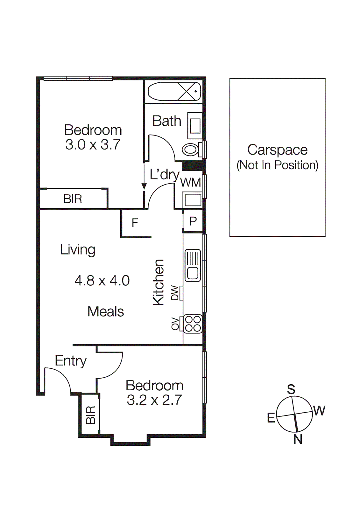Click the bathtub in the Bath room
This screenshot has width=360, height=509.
(174, 91)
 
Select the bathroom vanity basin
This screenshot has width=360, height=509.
(195, 126)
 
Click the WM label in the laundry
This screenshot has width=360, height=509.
(190, 183)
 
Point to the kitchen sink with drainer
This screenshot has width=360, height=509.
(193, 265)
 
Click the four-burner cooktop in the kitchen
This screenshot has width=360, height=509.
(193, 324)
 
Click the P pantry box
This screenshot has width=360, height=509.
(193, 221)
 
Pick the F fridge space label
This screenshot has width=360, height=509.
(135, 223)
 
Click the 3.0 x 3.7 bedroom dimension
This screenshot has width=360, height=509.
(93, 145)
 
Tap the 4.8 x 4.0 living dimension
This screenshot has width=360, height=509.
(102, 281)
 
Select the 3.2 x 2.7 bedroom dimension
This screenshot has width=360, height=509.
(154, 400)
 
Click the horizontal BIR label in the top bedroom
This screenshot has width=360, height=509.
(73, 199)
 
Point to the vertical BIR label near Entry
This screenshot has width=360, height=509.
(91, 415)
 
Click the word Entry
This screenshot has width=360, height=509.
(71, 361)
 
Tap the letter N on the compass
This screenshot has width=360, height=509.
(298, 439)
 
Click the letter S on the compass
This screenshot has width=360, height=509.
(291, 389)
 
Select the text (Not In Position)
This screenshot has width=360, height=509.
(277, 165)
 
